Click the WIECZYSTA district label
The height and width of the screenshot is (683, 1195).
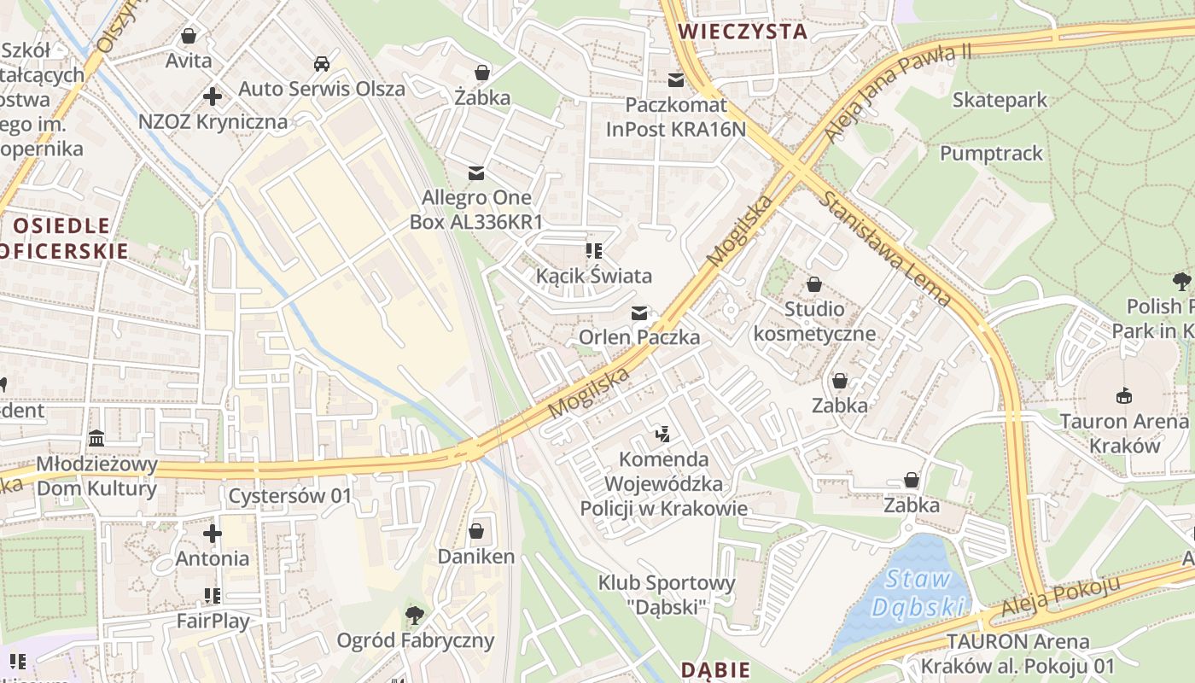click(742, 32)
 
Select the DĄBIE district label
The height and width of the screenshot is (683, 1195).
click(715, 670)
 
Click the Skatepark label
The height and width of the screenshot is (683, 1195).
click(1000, 100)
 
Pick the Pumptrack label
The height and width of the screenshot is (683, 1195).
click(991, 154)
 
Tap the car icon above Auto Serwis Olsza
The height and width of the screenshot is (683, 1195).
click(322, 64)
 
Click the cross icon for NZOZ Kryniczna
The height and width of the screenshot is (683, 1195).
click(213, 96)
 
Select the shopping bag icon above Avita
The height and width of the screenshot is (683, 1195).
click(189, 37)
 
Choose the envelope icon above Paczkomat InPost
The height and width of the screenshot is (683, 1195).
click(676, 80)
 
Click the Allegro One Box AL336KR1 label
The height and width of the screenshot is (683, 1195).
click(476, 210)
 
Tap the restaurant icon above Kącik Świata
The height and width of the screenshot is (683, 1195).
click(594, 251)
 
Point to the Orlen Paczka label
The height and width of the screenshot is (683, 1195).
click(639, 337)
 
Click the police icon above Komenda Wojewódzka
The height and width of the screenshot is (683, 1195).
click(663, 435)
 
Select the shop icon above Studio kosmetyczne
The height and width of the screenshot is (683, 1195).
click(814, 283)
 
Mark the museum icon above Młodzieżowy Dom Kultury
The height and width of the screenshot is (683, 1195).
click(96, 439)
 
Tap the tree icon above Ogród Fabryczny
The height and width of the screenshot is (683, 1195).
click(415, 615)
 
